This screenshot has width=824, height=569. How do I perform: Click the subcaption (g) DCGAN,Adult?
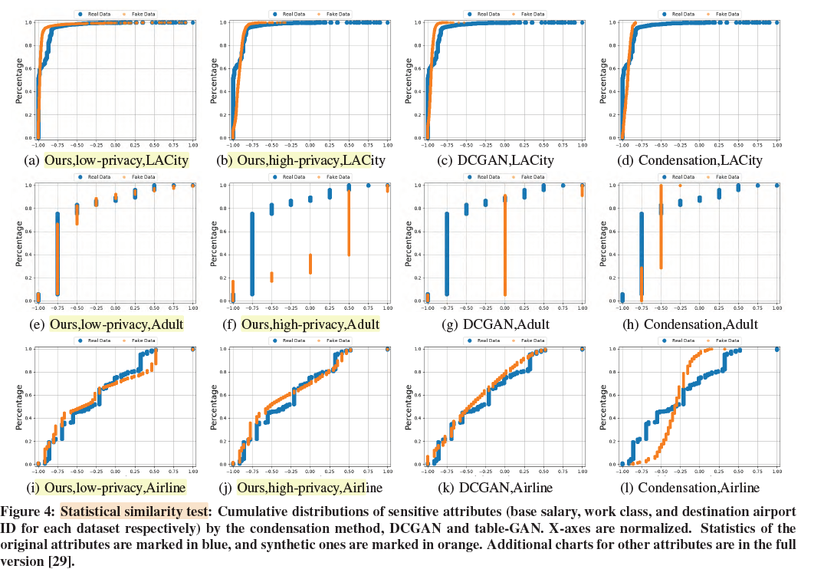(501, 324)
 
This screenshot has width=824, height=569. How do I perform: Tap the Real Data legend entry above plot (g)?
(482, 177)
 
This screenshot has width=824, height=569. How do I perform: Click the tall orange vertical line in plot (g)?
(505, 245)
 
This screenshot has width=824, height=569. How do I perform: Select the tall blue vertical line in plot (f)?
(252, 253)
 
